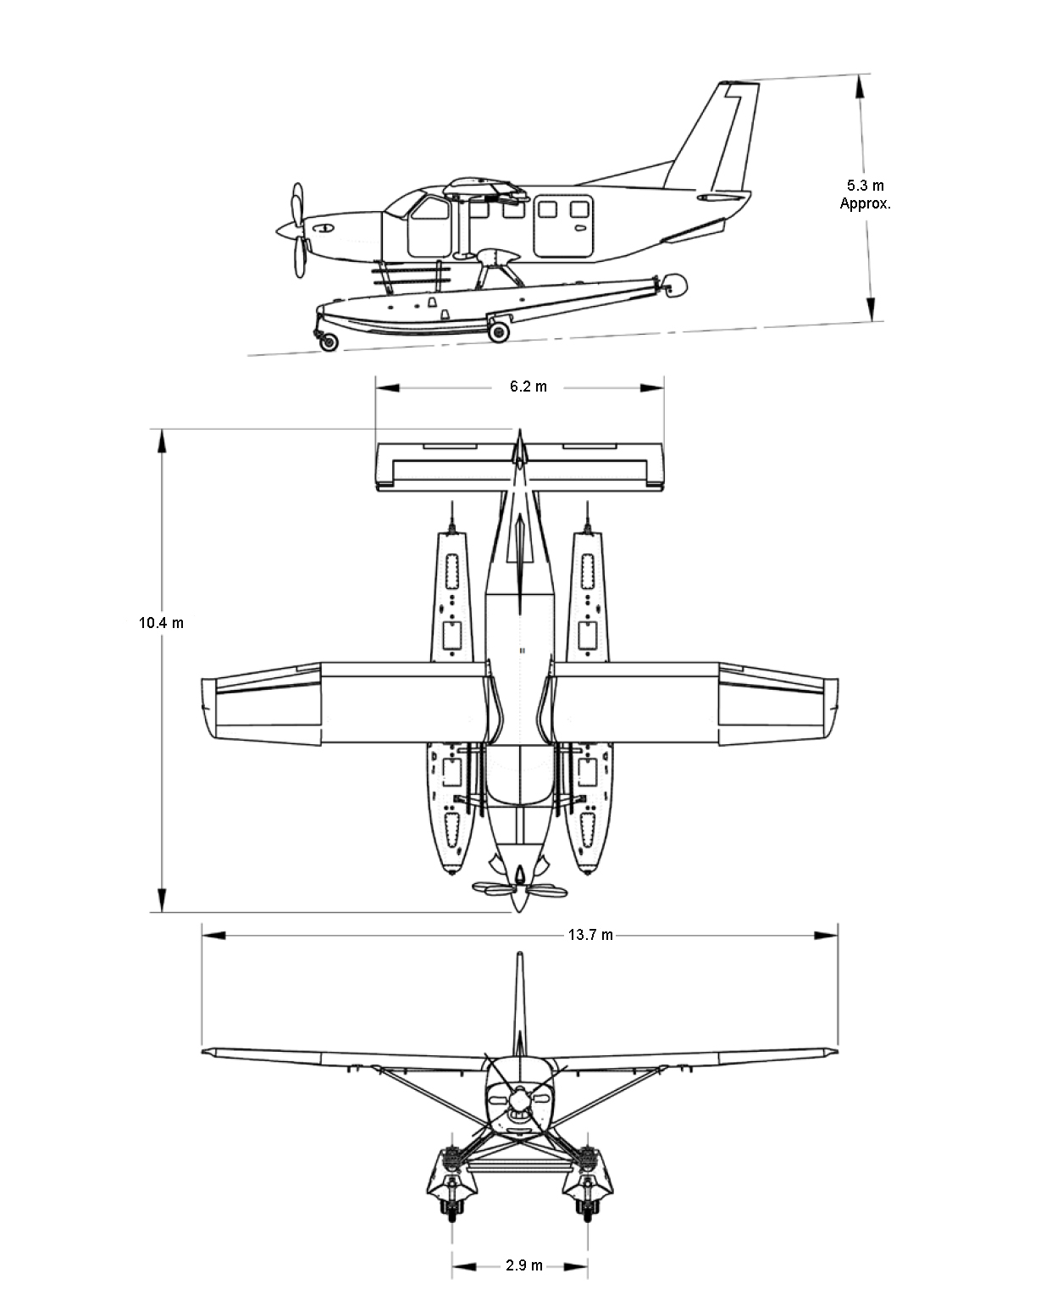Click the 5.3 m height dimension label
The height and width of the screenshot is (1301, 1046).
(x=866, y=186)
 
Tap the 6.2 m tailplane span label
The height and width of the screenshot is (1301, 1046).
(x=529, y=387)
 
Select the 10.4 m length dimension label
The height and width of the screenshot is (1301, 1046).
(x=161, y=623)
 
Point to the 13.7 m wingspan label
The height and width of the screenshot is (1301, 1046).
(x=590, y=935)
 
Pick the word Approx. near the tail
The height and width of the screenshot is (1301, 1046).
(x=866, y=203)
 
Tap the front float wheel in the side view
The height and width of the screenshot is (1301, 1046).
(x=329, y=342)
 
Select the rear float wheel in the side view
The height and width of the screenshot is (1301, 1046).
(x=499, y=332)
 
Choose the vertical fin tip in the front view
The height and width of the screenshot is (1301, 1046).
(x=520, y=954)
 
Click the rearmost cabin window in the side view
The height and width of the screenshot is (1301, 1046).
(x=579, y=209)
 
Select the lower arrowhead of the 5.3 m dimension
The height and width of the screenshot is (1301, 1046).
(x=871, y=309)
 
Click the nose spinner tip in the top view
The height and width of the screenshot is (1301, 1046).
(x=520, y=911)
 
